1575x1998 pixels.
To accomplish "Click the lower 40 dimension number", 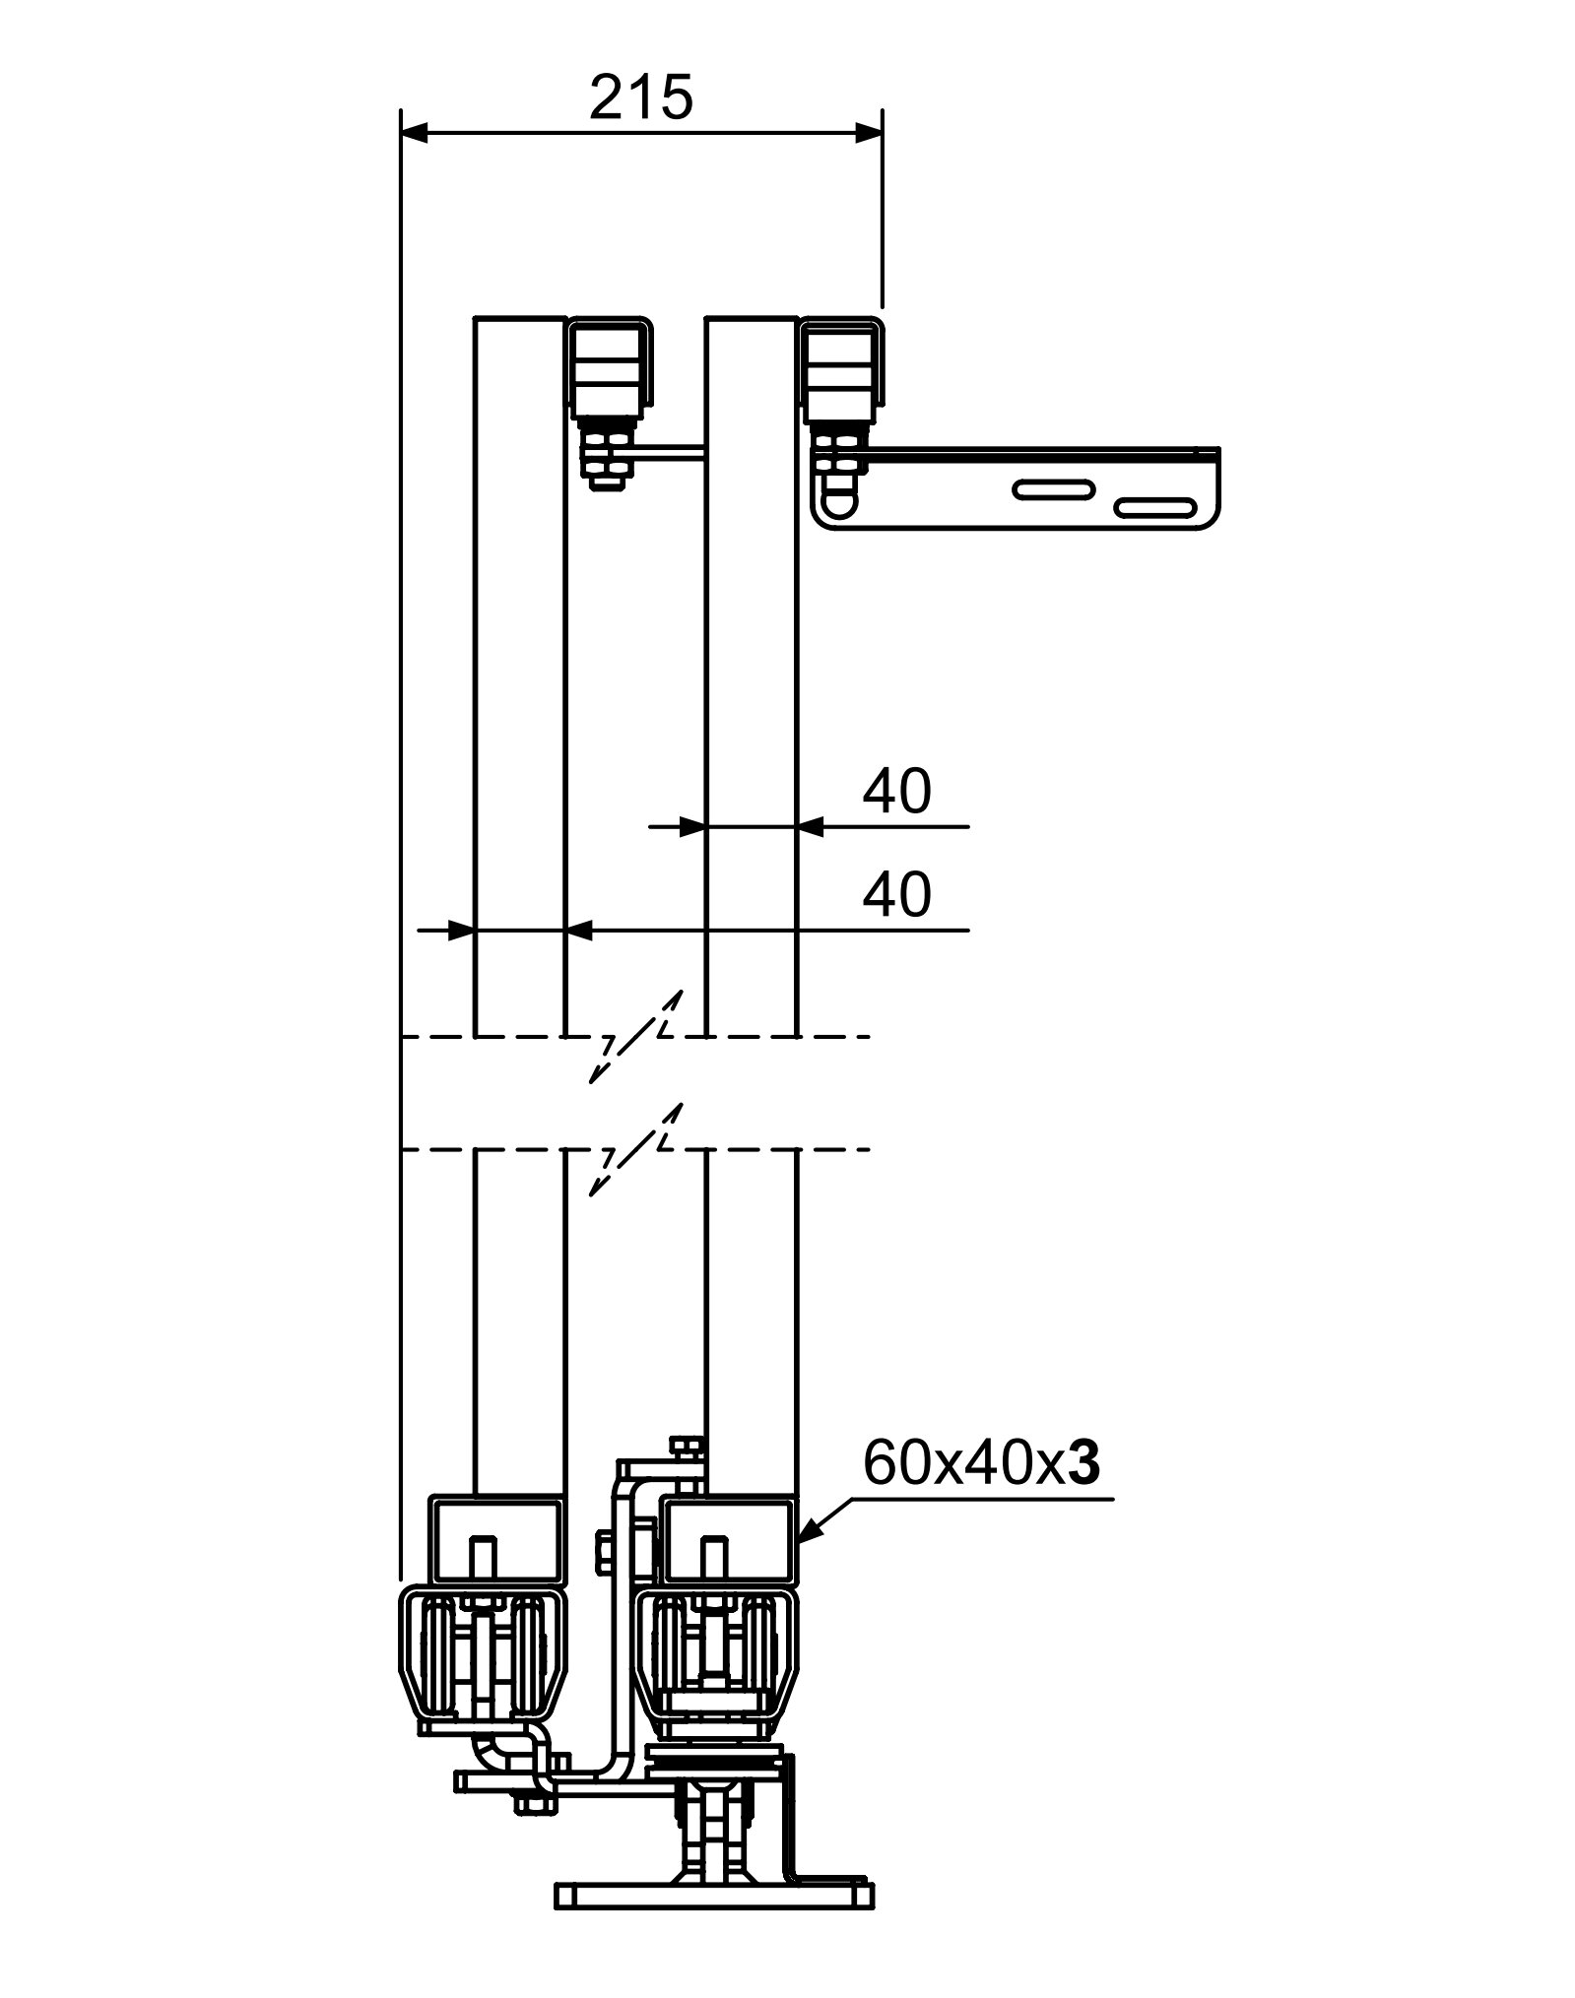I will (896, 895).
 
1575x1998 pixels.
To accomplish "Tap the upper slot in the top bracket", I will (1053, 489).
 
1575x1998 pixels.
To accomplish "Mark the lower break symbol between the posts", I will (635, 1149).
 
